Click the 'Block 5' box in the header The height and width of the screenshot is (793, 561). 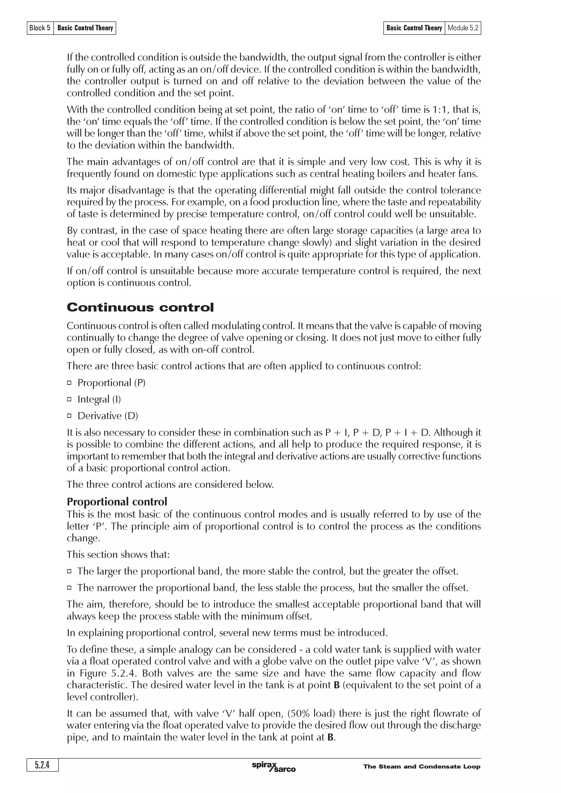(40, 28)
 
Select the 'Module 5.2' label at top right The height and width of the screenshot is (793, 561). (463, 28)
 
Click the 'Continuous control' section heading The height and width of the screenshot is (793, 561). (140, 307)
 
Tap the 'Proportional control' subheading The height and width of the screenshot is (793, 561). (117, 502)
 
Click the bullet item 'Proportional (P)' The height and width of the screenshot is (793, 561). (111, 383)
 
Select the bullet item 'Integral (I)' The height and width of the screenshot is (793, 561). (99, 399)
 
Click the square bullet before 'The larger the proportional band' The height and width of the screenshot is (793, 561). (69, 571)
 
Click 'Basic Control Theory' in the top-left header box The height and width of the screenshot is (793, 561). (85, 28)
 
